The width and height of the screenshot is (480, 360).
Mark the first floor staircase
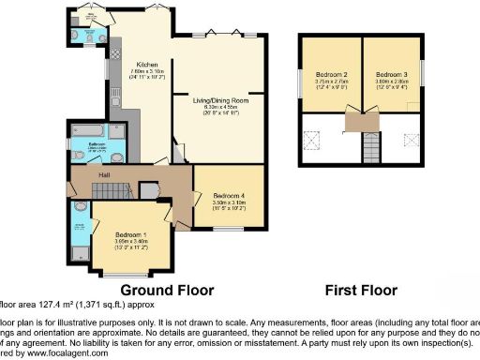click(372, 148)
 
